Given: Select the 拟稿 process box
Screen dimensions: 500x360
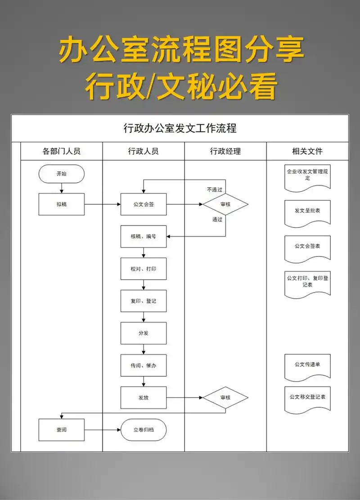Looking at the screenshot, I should click(x=61, y=204).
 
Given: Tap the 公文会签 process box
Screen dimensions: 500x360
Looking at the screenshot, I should click(x=144, y=204).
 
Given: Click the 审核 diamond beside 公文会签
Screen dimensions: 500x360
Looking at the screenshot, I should click(x=225, y=204).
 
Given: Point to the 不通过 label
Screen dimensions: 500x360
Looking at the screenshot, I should click(x=215, y=189).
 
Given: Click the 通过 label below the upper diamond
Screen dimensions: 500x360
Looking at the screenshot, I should click(x=217, y=220).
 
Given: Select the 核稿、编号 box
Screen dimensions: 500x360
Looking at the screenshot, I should click(x=144, y=236).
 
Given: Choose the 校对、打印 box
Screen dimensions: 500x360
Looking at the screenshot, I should click(x=144, y=269).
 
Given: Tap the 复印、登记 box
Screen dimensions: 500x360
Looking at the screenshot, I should click(x=144, y=301).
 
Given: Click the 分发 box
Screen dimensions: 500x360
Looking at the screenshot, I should click(x=144, y=333).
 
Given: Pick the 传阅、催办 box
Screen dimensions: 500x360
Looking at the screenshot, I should click(x=144, y=365).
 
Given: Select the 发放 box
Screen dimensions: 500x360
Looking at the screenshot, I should click(x=144, y=398).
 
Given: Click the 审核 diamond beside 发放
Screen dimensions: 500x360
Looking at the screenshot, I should click(x=225, y=398).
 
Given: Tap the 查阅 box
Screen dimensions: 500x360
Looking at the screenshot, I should click(x=61, y=430).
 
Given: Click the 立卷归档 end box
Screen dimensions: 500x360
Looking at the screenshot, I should click(x=144, y=430).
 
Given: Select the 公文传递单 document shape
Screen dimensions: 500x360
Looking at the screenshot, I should click(x=308, y=366).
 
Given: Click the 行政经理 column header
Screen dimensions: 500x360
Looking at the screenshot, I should click(x=225, y=151).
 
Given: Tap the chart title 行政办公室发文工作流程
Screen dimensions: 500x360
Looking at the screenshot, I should click(x=180, y=128).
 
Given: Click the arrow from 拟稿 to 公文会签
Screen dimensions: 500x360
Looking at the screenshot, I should click(x=103, y=204).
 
